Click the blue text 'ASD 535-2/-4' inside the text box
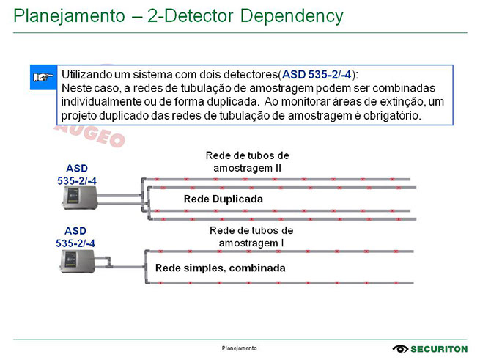coord(316,74)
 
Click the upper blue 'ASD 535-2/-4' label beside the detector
coord(76,174)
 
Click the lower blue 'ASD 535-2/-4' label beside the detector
coord(76,236)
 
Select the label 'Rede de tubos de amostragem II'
coord(247,162)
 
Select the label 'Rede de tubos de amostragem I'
coord(247,236)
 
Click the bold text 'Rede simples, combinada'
coord(220,268)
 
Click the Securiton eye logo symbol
coord(400,349)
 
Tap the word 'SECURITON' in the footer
coord(440,349)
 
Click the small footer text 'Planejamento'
coord(240,348)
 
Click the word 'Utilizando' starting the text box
coord(87,74)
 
